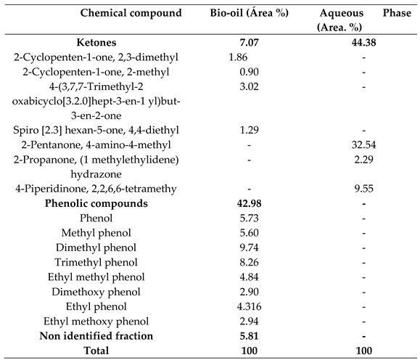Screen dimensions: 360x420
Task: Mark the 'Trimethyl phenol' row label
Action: click(96, 262)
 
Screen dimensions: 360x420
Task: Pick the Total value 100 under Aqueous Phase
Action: click(355, 351)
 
